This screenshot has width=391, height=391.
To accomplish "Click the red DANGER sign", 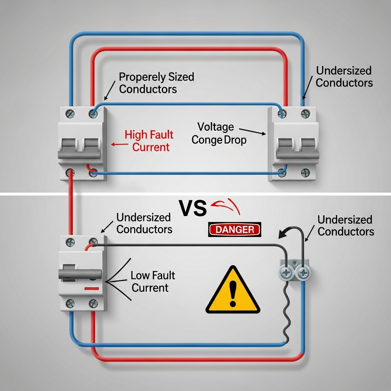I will pyautogui.click(x=234, y=229).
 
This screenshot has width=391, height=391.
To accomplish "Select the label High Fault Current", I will pyautogui.click(x=149, y=141).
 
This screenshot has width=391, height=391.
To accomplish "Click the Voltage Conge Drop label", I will pyautogui.click(x=219, y=133).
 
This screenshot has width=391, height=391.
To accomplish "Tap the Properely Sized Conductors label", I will pyautogui.click(x=156, y=82).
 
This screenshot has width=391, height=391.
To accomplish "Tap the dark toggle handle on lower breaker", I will pyautogui.click(x=80, y=274).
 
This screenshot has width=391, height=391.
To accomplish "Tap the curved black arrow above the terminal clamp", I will pyautogui.click(x=289, y=233).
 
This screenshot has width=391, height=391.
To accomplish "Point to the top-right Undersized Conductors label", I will pyautogui.click(x=344, y=76).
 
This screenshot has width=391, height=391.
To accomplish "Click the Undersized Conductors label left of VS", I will pyautogui.click(x=144, y=223).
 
